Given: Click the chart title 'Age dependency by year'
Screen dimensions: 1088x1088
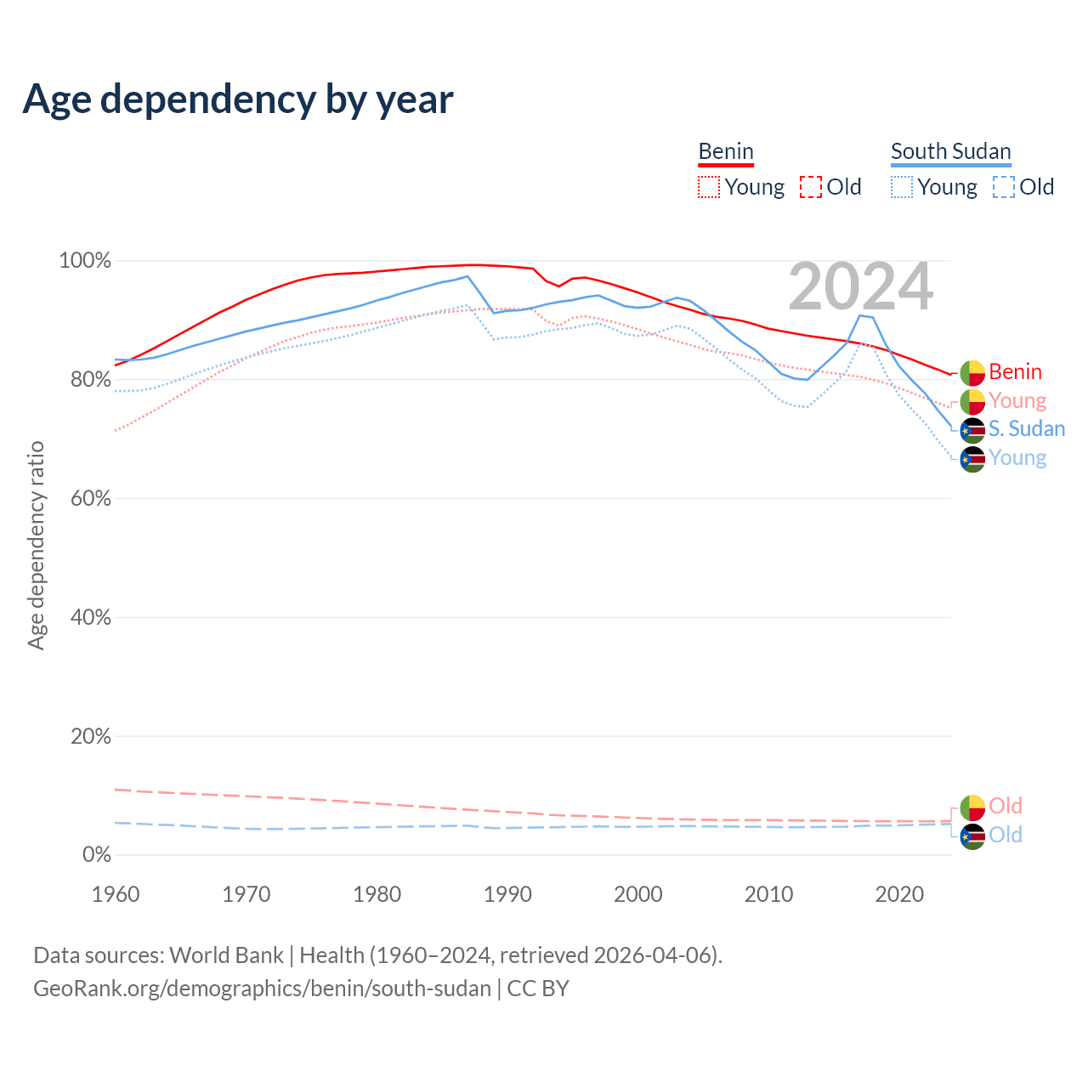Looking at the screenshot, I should point(238,99).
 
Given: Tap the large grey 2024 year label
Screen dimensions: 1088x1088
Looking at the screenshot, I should point(860,287).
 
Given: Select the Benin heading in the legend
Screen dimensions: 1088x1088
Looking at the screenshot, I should point(726,152).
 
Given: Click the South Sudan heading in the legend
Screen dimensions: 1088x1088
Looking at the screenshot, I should point(950,152).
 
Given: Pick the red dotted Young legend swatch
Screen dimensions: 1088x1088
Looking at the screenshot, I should point(708,187).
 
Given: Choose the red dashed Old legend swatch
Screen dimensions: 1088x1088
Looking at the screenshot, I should point(811,187).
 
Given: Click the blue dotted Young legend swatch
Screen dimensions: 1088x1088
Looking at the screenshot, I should point(902,187).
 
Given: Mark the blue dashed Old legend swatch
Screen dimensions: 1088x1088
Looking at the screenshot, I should point(1004,187).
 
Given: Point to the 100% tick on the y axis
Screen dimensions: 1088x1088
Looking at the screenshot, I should point(85,261).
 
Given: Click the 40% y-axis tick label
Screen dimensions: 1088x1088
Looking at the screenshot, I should point(90,618).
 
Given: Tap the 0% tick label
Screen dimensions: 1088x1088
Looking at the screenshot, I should point(96,855).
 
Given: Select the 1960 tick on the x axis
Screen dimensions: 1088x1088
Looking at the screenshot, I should point(116,894).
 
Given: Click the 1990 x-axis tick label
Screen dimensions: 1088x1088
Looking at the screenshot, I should point(507,894).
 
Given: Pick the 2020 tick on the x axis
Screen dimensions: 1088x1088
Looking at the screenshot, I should point(899,894).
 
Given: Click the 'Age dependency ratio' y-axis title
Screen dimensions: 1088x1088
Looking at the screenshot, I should point(36,546).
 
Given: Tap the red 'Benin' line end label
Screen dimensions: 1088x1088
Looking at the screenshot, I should point(1015,372).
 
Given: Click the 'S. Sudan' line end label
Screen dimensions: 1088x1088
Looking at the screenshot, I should point(1026,429).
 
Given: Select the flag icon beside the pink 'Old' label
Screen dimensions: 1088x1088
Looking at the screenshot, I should point(972,807).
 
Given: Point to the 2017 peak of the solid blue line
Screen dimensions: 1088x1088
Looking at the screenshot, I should point(860,315).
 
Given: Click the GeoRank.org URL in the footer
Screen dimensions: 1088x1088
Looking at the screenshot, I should point(262,989).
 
